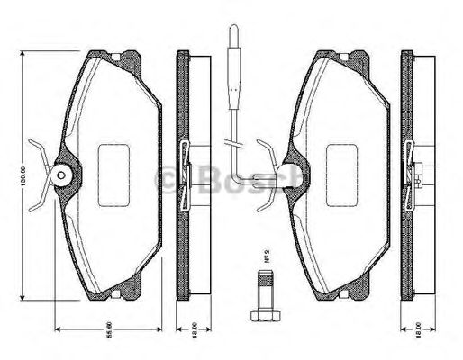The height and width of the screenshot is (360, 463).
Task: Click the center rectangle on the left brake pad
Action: coord(115,167)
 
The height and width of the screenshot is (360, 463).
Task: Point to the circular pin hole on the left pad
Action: coord(62,175)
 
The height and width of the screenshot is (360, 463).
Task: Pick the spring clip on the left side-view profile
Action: coord(184,173)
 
